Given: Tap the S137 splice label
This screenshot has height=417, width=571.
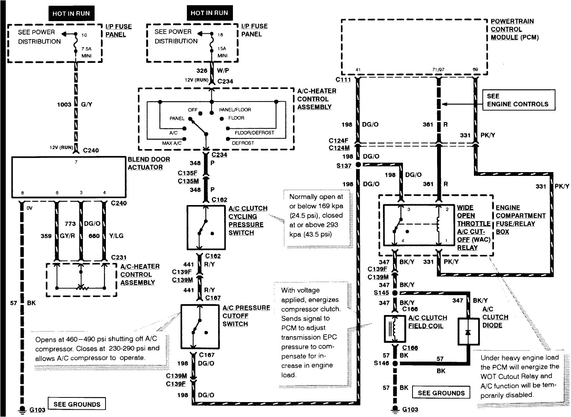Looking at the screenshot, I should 343,166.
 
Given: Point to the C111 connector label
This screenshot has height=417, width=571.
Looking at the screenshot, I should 343,79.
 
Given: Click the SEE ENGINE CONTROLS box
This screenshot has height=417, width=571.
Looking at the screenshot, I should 518,100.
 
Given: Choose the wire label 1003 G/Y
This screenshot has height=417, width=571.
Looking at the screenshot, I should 75,104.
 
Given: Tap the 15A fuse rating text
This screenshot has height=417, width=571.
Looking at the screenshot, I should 222,49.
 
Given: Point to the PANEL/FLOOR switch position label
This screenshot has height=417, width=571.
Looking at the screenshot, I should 235,110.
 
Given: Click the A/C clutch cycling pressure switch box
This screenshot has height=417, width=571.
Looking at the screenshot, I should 206,228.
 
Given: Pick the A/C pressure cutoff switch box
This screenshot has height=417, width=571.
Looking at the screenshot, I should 200,327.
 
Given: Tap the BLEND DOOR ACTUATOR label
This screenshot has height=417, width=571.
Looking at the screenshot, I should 149,163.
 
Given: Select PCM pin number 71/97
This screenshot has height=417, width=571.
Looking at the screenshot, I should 438,70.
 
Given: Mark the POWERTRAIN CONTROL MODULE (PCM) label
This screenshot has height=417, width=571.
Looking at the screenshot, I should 514,29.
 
